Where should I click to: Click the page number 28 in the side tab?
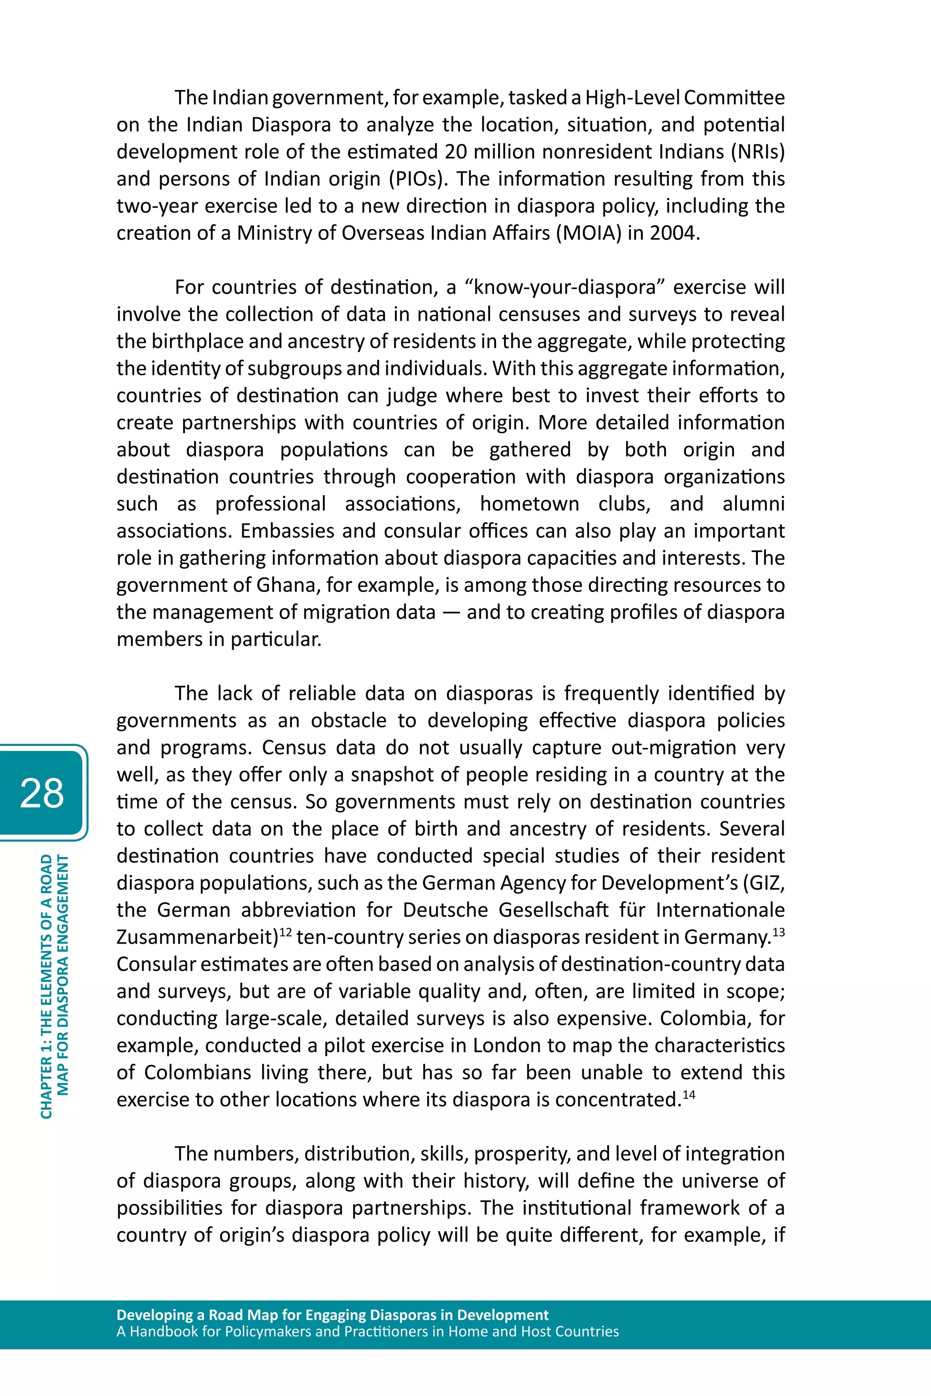pyautogui.click(x=41, y=793)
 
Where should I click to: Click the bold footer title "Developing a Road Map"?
pyautogui.click(x=332, y=1315)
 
